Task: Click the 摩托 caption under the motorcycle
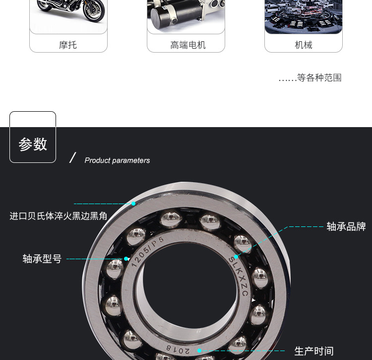68,45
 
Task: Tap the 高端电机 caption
188,45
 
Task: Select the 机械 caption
304,45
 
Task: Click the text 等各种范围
319,77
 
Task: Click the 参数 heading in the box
33,144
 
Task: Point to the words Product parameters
117,160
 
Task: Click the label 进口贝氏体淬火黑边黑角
59,216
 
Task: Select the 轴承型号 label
42,259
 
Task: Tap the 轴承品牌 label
346,226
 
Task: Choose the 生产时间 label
314,351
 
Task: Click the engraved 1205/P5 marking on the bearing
147,252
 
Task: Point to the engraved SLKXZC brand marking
239,277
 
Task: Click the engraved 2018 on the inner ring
178,349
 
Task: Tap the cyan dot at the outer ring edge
133,204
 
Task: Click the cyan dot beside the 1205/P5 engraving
126,259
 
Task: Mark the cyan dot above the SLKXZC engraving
236,257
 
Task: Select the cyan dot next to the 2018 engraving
199,351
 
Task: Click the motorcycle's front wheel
94,11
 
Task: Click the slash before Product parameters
72,157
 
